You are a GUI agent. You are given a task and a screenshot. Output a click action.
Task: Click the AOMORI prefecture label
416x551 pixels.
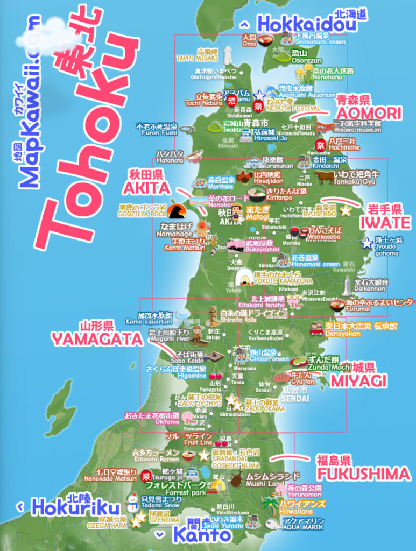(369, 113)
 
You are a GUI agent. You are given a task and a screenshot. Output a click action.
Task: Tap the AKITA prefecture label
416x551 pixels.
(146, 188)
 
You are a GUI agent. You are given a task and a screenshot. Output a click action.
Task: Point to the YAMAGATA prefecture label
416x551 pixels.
(97, 338)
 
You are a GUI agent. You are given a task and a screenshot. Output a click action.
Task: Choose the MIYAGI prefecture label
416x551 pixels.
(358, 380)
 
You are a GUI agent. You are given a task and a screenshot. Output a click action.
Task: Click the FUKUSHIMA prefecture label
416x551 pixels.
(363, 474)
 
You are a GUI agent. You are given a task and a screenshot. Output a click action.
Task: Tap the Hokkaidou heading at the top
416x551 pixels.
(306, 24)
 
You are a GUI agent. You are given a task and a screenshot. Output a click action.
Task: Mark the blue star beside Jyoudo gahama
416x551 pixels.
(366, 243)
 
